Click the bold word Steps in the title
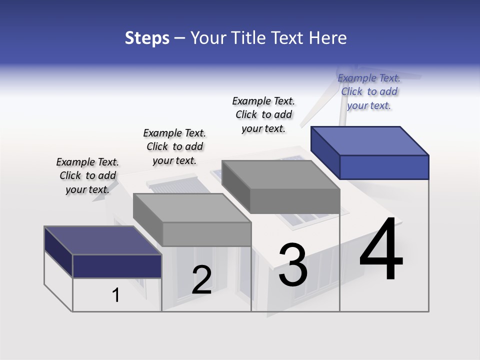coord(147,38)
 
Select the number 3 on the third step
coord(293,265)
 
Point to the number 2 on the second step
coord(201,280)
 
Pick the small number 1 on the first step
coord(116,295)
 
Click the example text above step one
coord(87,175)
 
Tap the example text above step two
coord(174,146)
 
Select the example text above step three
coord(263,114)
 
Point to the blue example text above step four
coord(369,91)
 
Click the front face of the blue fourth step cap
coord(384,167)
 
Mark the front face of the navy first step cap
coord(117,266)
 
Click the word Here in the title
coord(328,38)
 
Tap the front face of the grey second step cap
coord(206,234)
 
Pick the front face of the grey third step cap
coord(295,201)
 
